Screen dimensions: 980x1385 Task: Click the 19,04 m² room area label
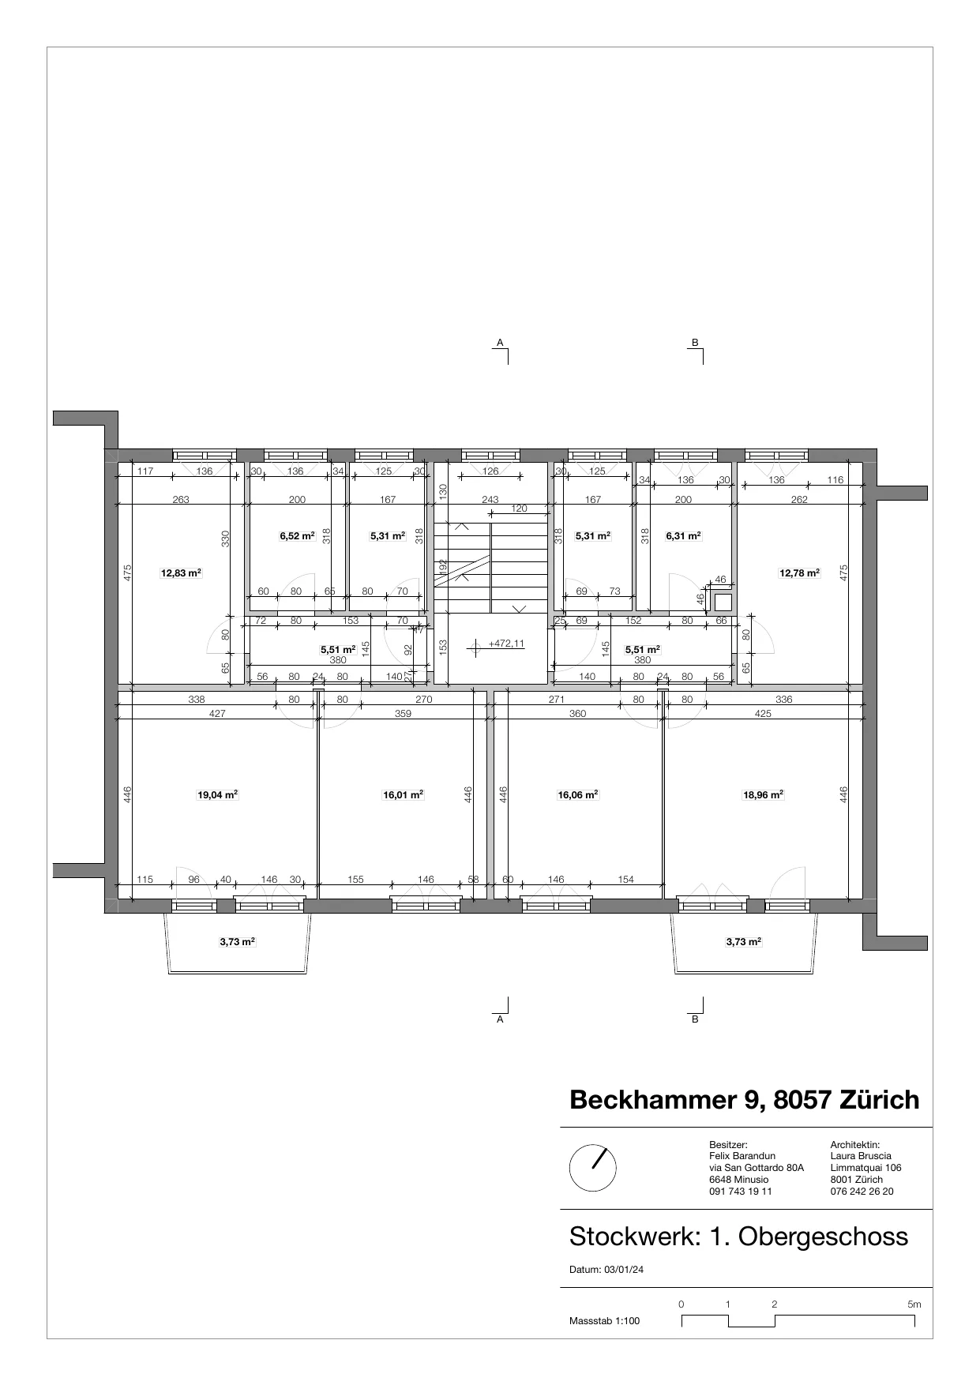click(x=217, y=795)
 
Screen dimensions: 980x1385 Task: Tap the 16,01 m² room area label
click(x=403, y=795)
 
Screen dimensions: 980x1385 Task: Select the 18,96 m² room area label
click(x=763, y=795)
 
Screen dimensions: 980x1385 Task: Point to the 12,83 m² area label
click(x=181, y=573)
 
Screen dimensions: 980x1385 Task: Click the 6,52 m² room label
click(x=297, y=535)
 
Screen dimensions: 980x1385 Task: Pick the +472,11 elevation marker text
click(x=506, y=644)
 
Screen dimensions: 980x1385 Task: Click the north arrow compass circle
click(x=592, y=1169)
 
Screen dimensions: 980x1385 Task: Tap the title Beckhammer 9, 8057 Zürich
click(x=744, y=1100)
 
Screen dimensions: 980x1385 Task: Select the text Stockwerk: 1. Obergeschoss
click(x=738, y=1237)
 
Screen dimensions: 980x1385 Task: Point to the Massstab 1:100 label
click(x=604, y=1321)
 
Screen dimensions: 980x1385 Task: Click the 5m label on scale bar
click(x=914, y=1304)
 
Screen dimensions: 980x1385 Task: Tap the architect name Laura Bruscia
click(x=861, y=1156)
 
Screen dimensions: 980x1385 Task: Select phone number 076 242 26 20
click(x=862, y=1192)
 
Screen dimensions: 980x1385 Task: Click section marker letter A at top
click(x=500, y=342)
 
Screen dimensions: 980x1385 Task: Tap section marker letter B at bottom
click(x=695, y=1019)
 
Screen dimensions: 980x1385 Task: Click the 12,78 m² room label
click(x=799, y=573)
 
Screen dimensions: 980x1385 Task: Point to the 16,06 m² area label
click(x=577, y=795)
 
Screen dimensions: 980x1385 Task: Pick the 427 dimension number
click(x=217, y=713)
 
